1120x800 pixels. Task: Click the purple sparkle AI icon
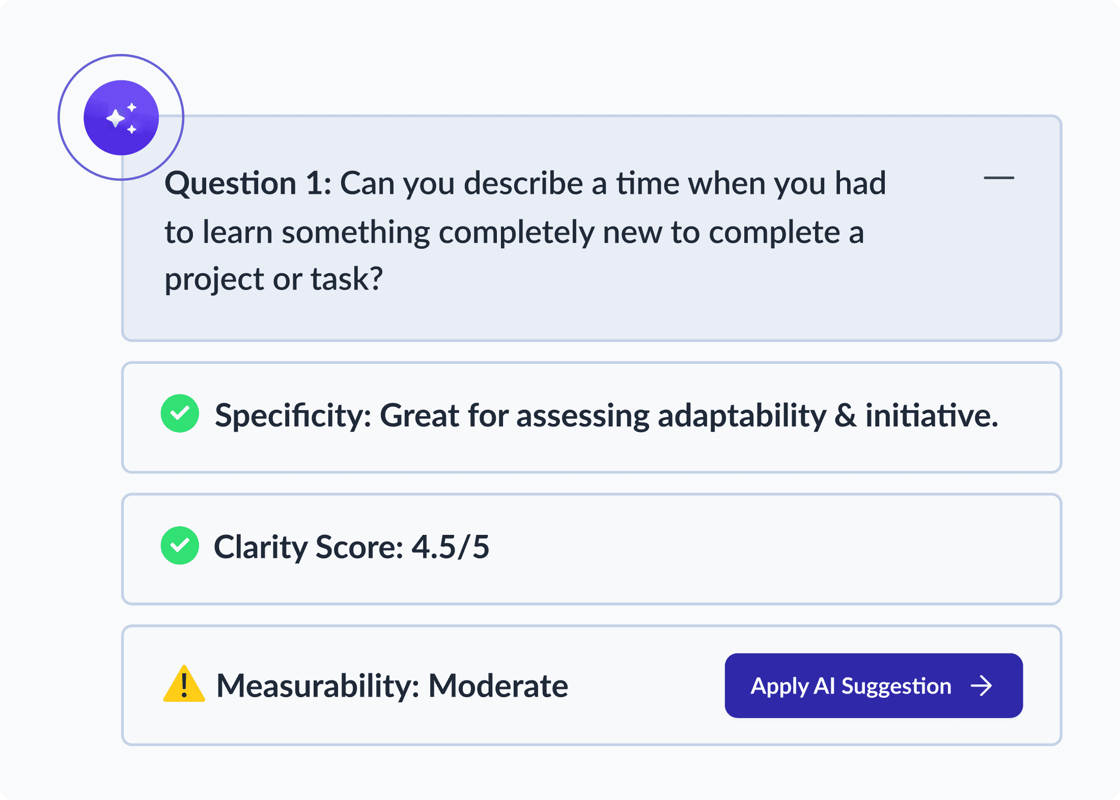click(121, 118)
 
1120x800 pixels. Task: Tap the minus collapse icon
click(998, 178)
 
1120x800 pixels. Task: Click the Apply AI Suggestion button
click(873, 685)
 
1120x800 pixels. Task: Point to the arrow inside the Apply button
click(981, 686)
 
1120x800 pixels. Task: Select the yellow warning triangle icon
click(184, 685)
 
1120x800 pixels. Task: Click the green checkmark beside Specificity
click(180, 413)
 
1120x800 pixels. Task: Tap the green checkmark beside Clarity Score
click(180, 546)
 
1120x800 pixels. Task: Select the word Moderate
click(498, 686)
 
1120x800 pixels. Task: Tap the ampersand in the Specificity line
click(845, 415)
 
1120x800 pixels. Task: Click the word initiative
click(931, 415)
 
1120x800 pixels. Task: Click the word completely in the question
click(516, 233)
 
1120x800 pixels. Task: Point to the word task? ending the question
click(346, 279)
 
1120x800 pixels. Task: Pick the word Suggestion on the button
click(896, 686)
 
